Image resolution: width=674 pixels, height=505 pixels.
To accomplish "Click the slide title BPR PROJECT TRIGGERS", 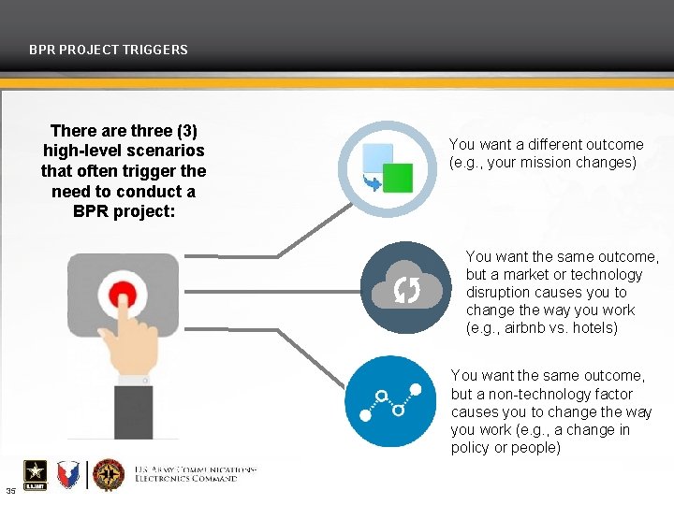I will [x=109, y=50].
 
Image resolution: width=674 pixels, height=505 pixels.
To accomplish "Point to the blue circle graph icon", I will [x=390, y=402].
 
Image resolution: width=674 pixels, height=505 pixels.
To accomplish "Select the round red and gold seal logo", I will [x=109, y=474].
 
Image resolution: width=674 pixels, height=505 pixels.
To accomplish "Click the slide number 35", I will [x=10, y=491].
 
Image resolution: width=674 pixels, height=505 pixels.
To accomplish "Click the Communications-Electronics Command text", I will [x=195, y=473].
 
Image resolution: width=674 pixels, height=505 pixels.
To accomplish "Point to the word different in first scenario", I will [x=549, y=144].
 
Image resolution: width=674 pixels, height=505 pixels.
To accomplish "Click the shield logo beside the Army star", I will [x=68, y=474].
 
